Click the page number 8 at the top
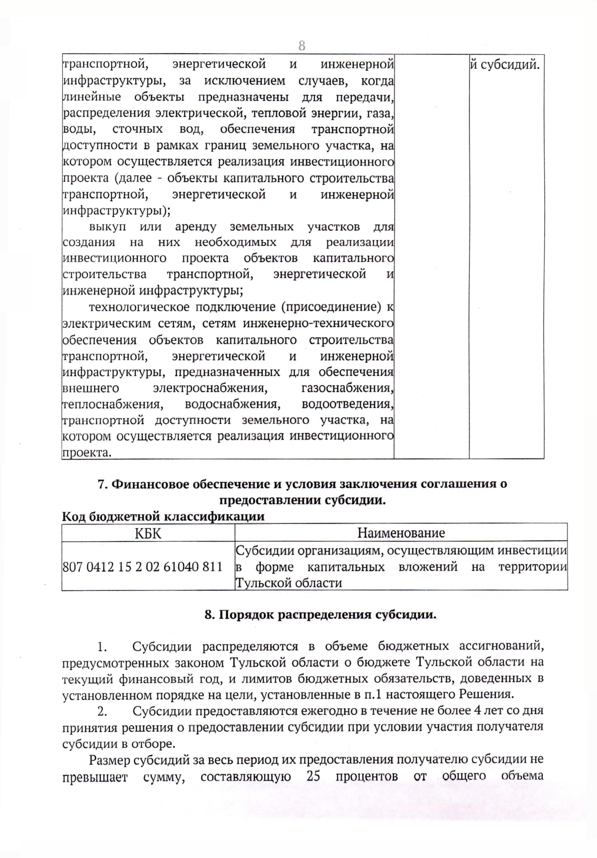coord(301,46)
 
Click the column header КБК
coord(148,533)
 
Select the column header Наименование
coord(401,533)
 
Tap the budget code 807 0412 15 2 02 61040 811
coord(142,567)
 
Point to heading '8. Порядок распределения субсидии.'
coord(320,614)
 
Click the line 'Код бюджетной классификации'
coord(163,516)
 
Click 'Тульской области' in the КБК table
coord(289,582)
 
